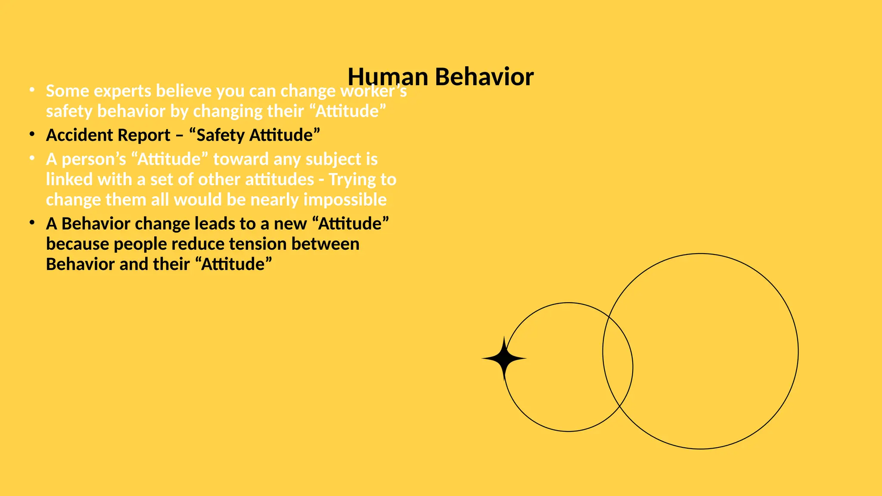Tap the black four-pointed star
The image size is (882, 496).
point(504,358)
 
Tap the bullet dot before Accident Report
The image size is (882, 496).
point(32,134)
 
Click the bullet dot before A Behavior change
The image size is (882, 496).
point(32,223)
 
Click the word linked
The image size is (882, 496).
point(69,180)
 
